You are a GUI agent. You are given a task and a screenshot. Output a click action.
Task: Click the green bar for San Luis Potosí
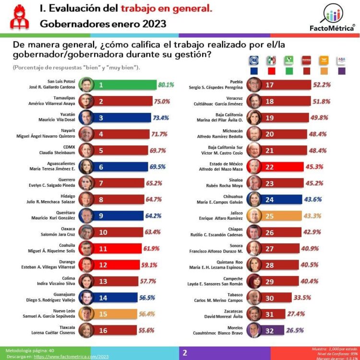tap(125, 85)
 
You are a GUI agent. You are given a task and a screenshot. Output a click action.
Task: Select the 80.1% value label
tap(166, 85)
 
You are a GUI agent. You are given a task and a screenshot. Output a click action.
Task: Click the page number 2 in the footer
tap(185, 353)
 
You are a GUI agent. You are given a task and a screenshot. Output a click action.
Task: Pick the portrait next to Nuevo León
tap(85, 314)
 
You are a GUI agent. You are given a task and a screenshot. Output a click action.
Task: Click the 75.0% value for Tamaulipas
tap(162, 101)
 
